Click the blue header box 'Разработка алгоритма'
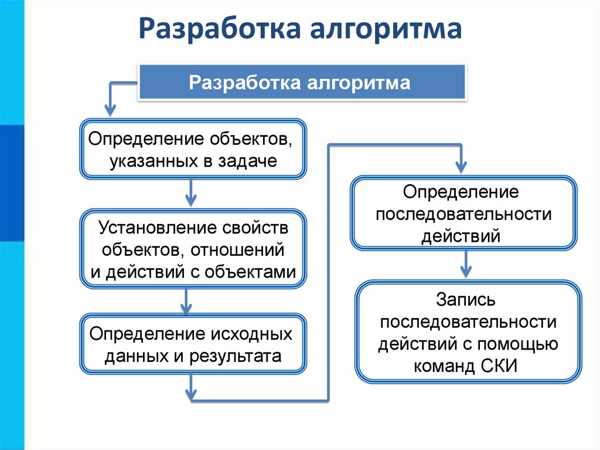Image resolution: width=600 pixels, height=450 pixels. click(301, 82)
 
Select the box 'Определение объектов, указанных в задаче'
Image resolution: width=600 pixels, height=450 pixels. click(193, 149)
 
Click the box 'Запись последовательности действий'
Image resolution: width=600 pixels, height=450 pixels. click(469, 333)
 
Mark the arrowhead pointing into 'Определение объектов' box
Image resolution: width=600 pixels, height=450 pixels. click(110, 109)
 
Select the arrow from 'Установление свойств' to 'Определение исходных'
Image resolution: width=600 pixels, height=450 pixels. click(186, 301)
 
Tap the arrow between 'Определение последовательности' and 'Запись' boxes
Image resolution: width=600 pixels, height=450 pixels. click(466, 263)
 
